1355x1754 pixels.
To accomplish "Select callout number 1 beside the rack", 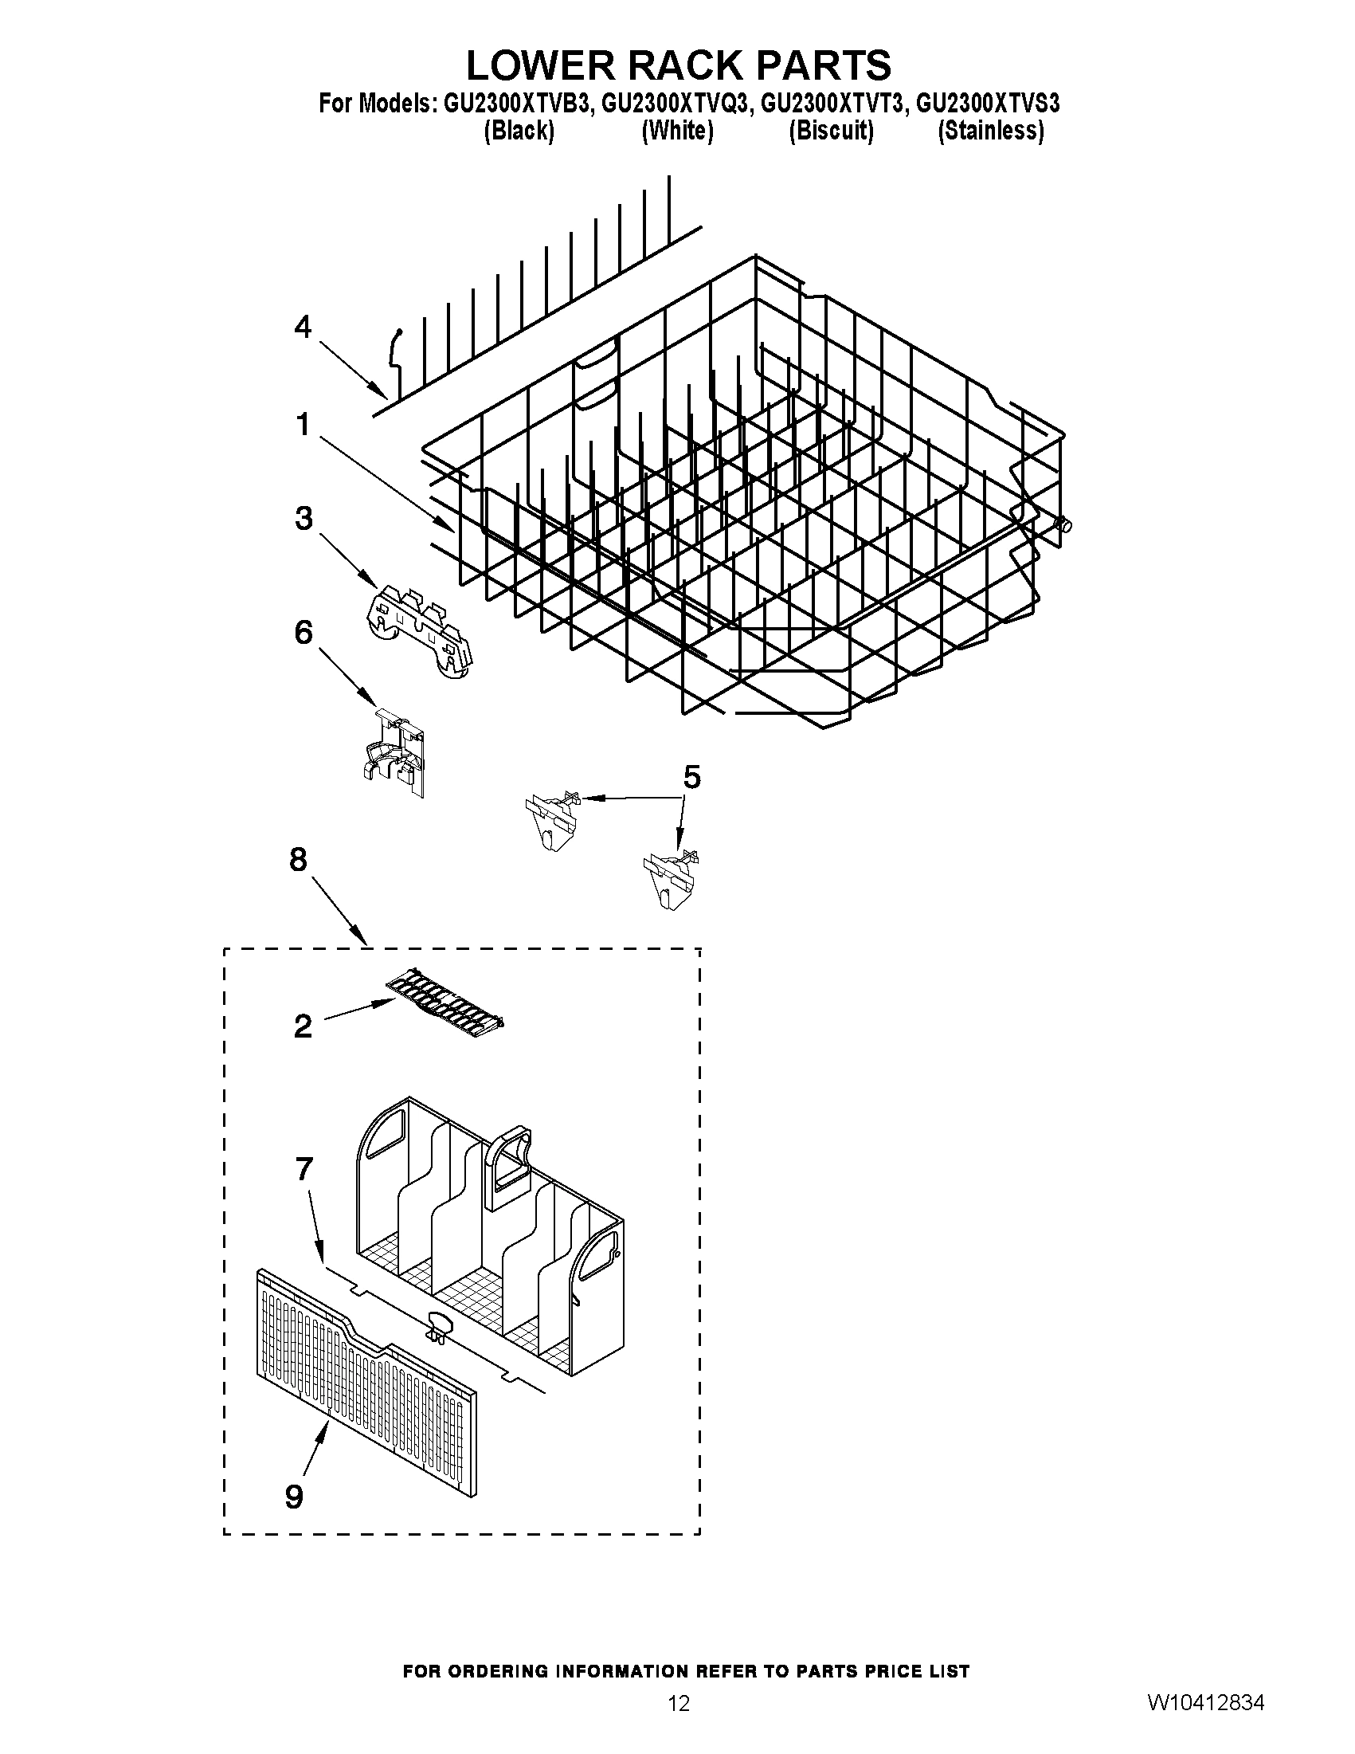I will tap(303, 424).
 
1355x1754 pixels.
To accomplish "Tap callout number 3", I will tap(304, 519).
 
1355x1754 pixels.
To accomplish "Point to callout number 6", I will tap(304, 633).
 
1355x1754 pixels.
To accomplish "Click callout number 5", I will tap(691, 777).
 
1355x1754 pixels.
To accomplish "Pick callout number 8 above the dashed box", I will tap(298, 860).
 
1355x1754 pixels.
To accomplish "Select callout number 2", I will tap(303, 1026).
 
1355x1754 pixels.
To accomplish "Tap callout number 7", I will tap(304, 1168).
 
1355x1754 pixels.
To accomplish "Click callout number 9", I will tap(295, 1497).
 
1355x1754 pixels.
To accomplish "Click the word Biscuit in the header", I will tap(831, 130).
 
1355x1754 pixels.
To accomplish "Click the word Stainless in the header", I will tap(992, 130).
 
